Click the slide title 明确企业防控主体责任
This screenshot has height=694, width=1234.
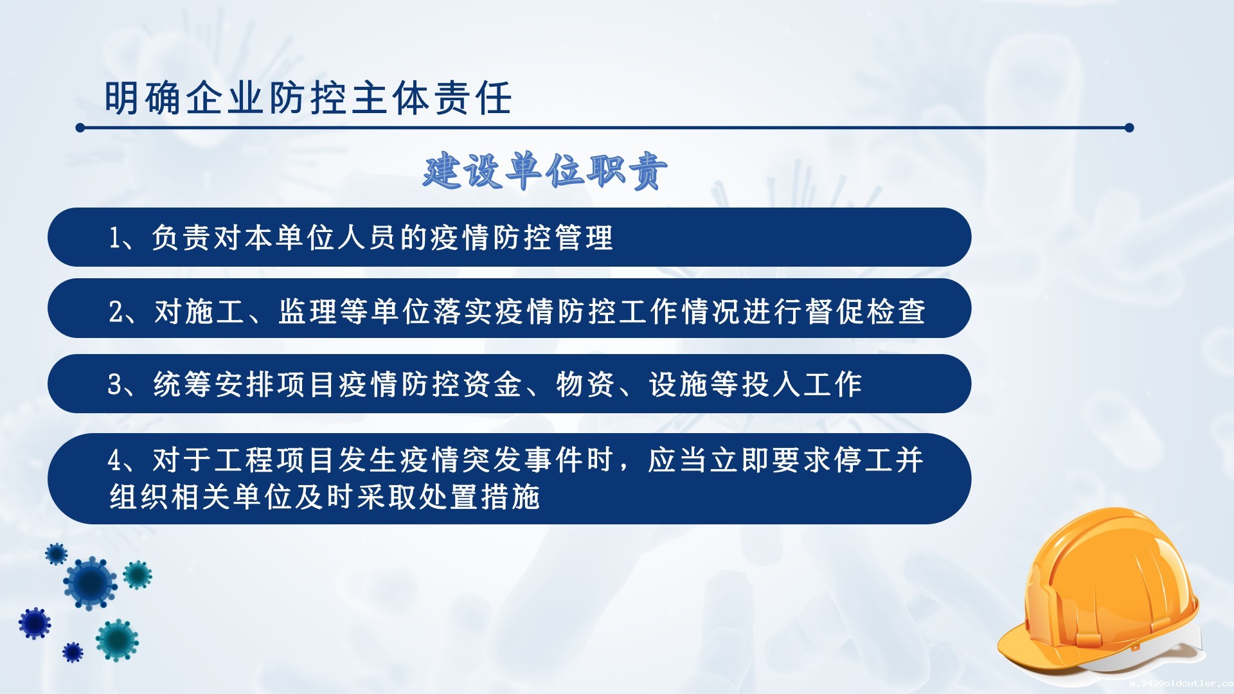pyautogui.click(x=308, y=98)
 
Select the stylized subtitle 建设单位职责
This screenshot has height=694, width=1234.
pyautogui.click(x=545, y=172)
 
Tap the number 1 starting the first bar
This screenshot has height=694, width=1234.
pyautogui.click(x=114, y=238)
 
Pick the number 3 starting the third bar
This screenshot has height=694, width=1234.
pyautogui.click(x=115, y=385)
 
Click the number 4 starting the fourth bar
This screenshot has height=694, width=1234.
pyautogui.click(x=115, y=460)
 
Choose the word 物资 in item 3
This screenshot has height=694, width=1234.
pyautogui.click(x=585, y=384)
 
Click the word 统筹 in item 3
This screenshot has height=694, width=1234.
pyautogui.click(x=183, y=384)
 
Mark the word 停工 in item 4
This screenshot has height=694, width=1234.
pyautogui.click(x=864, y=460)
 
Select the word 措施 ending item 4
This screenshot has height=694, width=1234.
pyautogui.click(x=510, y=497)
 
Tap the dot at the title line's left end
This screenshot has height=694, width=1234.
pyautogui.click(x=80, y=128)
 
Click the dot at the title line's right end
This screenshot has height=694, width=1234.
pyautogui.click(x=1129, y=128)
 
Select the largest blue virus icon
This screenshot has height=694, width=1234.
pyautogui.click(x=90, y=583)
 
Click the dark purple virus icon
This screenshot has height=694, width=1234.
pyautogui.click(x=34, y=623)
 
